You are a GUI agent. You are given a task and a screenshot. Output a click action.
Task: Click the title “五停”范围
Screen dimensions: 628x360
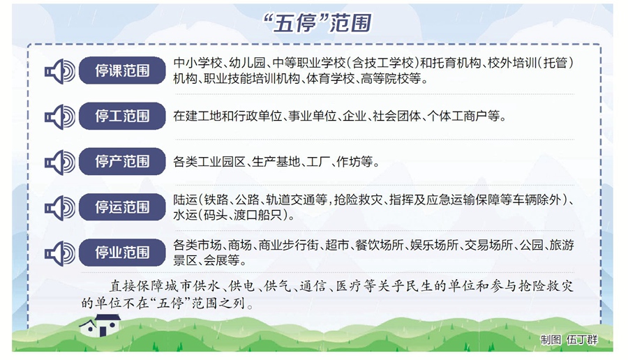(x=317, y=23)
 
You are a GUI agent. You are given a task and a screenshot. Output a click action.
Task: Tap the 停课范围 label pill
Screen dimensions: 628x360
(x=122, y=70)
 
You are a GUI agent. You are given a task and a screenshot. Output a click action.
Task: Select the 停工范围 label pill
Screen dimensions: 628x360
(x=122, y=116)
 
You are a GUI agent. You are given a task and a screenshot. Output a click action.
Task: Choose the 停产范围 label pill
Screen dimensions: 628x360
(x=122, y=161)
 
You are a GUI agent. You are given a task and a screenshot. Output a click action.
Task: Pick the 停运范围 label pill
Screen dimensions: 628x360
(x=122, y=207)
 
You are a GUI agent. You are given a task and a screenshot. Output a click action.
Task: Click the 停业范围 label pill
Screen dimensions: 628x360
(x=122, y=253)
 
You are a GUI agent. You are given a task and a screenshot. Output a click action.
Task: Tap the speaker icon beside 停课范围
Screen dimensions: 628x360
(x=60, y=71)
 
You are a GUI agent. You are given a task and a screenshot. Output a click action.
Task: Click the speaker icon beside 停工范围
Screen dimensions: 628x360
(x=60, y=117)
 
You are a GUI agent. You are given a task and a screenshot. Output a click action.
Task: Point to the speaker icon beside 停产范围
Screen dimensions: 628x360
(x=60, y=162)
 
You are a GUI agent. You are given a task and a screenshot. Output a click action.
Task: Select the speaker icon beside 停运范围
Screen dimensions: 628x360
(x=60, y=208)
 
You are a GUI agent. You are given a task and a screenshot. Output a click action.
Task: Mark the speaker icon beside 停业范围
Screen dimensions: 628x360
(x=60, y=253)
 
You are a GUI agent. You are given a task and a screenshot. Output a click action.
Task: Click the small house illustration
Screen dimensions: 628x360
(x=100, y=325)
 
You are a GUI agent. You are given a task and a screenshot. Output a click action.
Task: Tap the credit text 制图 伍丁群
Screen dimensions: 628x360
(x=569, y=340)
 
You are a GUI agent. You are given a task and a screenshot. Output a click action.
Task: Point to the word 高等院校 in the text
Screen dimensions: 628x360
(x=385, y=79)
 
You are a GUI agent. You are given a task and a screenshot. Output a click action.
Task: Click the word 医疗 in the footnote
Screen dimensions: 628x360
(x=350, y=286)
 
